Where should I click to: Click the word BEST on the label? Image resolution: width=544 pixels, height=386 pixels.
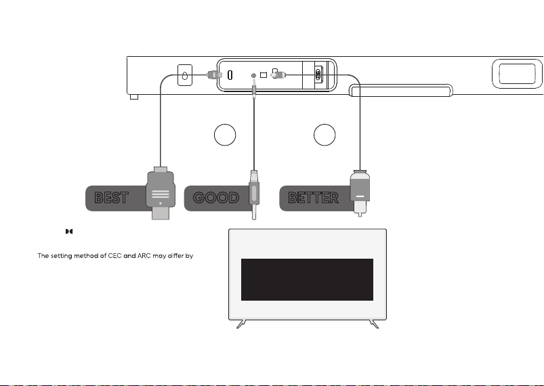(111, 198)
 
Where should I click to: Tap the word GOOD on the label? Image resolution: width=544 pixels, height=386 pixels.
(216, 198)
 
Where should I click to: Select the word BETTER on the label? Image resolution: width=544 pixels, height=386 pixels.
(313, 198)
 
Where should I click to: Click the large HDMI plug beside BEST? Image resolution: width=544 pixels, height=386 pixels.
(161, 193)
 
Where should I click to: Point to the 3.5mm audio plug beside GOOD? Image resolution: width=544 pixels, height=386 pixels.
(254, 194)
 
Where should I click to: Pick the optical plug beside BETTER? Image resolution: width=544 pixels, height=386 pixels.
(360, 193)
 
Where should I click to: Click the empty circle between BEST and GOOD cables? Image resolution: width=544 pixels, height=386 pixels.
(225, 135)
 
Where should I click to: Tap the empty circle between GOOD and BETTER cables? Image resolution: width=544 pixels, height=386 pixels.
(325, 135)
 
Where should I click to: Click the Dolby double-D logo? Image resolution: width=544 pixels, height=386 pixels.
(69, 232)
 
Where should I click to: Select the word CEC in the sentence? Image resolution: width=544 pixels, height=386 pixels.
(114, 256)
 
